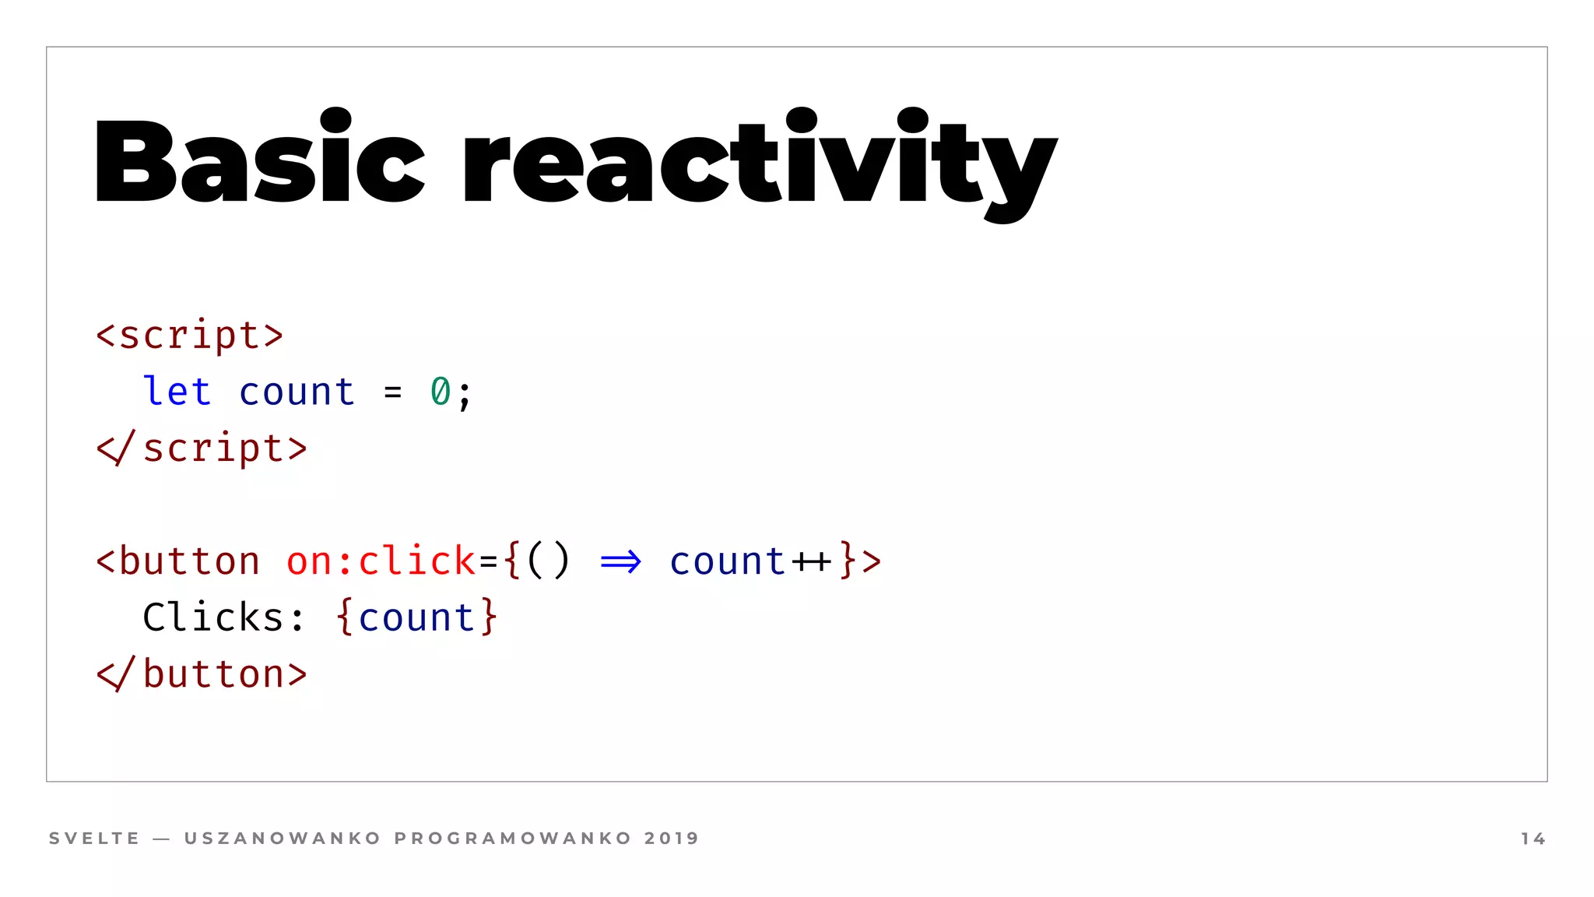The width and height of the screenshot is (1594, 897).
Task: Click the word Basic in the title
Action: pos(259,162)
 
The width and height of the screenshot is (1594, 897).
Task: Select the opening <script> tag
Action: pos(189,335)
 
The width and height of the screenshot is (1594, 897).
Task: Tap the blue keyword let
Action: pos(177,391)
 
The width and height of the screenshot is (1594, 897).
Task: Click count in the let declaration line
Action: pos(297,392)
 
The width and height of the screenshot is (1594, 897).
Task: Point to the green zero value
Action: pos(440,392)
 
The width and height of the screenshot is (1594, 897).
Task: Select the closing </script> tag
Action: pos(202,448)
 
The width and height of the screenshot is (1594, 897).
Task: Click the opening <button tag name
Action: pos(178,561)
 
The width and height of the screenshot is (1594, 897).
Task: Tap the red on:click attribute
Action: pos(380,561)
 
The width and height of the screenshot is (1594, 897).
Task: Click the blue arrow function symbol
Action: pos(620,561)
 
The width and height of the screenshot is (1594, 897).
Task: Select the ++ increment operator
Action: pos(811,561)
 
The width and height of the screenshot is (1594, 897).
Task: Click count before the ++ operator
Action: pos(727,561)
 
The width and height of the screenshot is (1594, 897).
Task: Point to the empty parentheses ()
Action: pos(548,561)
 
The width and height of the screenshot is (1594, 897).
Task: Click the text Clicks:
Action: pos(223,617)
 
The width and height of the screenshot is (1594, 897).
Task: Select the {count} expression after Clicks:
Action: pos(416,617)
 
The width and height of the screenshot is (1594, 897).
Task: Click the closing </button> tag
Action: pos(202,674)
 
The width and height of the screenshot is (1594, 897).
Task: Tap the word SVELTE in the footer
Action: pos(94,839)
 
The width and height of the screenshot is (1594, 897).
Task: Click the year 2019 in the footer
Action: pos(672,839)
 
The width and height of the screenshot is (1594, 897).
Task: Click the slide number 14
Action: pos(1533,839)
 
